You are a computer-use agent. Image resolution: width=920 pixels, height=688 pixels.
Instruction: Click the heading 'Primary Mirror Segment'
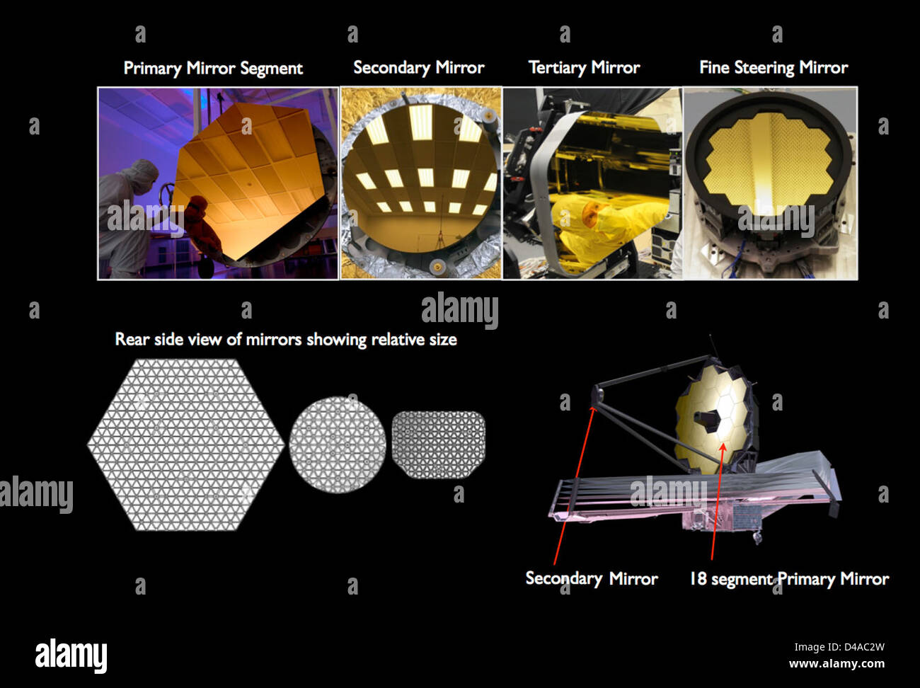(213, 68)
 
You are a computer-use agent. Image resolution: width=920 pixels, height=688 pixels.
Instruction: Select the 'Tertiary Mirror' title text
(585, 68)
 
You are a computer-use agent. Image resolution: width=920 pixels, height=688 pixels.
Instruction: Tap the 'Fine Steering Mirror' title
(774, 68)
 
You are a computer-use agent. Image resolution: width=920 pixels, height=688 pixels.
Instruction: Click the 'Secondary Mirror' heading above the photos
(419, 68)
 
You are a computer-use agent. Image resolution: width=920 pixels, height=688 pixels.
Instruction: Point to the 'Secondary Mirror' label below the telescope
(592, 578)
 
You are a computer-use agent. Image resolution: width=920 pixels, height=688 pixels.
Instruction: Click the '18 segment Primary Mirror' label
(789, 579)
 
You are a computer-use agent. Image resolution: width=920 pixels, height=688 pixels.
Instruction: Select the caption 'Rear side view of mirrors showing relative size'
(286, 339)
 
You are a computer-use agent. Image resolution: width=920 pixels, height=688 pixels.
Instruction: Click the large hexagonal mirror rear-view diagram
(185, 445)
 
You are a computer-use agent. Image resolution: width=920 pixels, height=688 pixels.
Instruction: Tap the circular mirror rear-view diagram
(338, 445)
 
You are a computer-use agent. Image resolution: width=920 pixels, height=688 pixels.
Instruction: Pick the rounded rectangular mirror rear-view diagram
(438, 445)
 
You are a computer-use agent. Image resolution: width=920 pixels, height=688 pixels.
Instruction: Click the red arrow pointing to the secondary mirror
(573, 486)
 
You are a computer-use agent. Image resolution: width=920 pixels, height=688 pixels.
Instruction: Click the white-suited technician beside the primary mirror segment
(126, 218)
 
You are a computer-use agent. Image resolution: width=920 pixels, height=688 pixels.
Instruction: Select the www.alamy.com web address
(836, 664)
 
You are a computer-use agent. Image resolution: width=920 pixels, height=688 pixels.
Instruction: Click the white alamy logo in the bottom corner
(71, 655)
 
